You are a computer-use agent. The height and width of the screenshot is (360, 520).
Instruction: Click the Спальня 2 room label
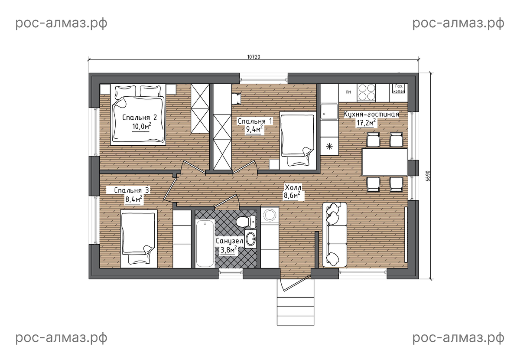[140, 118]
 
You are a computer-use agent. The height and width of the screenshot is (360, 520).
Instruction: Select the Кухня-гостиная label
[371, 115]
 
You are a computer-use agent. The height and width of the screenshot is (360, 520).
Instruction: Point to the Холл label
[293, 187]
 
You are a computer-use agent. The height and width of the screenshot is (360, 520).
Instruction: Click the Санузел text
[229, 241]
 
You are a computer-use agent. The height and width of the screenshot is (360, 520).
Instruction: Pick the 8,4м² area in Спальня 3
[133, 199]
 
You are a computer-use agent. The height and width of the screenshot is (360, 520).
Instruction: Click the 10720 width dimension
[253, 57]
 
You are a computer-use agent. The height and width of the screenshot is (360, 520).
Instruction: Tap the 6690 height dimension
[428, 176]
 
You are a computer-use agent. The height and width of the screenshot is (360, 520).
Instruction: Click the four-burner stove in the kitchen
[366, 93]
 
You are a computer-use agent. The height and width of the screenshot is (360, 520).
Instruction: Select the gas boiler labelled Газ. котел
[399, 89]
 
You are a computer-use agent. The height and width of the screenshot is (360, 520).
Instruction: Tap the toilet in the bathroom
[246, 221]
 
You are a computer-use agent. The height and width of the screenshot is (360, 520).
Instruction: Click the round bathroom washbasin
[250, 239]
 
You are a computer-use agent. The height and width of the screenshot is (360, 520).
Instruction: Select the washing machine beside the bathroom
[270, 215]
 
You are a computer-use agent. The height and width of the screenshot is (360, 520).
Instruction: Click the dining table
[385, 162]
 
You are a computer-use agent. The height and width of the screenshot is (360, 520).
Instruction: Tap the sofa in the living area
[335, 235]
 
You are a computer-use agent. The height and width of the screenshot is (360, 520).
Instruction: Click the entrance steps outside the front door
[295, 302]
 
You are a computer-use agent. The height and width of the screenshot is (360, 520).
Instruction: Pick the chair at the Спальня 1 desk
[237, 99]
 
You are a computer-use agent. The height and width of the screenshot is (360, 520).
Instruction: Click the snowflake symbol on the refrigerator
[329, 147]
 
